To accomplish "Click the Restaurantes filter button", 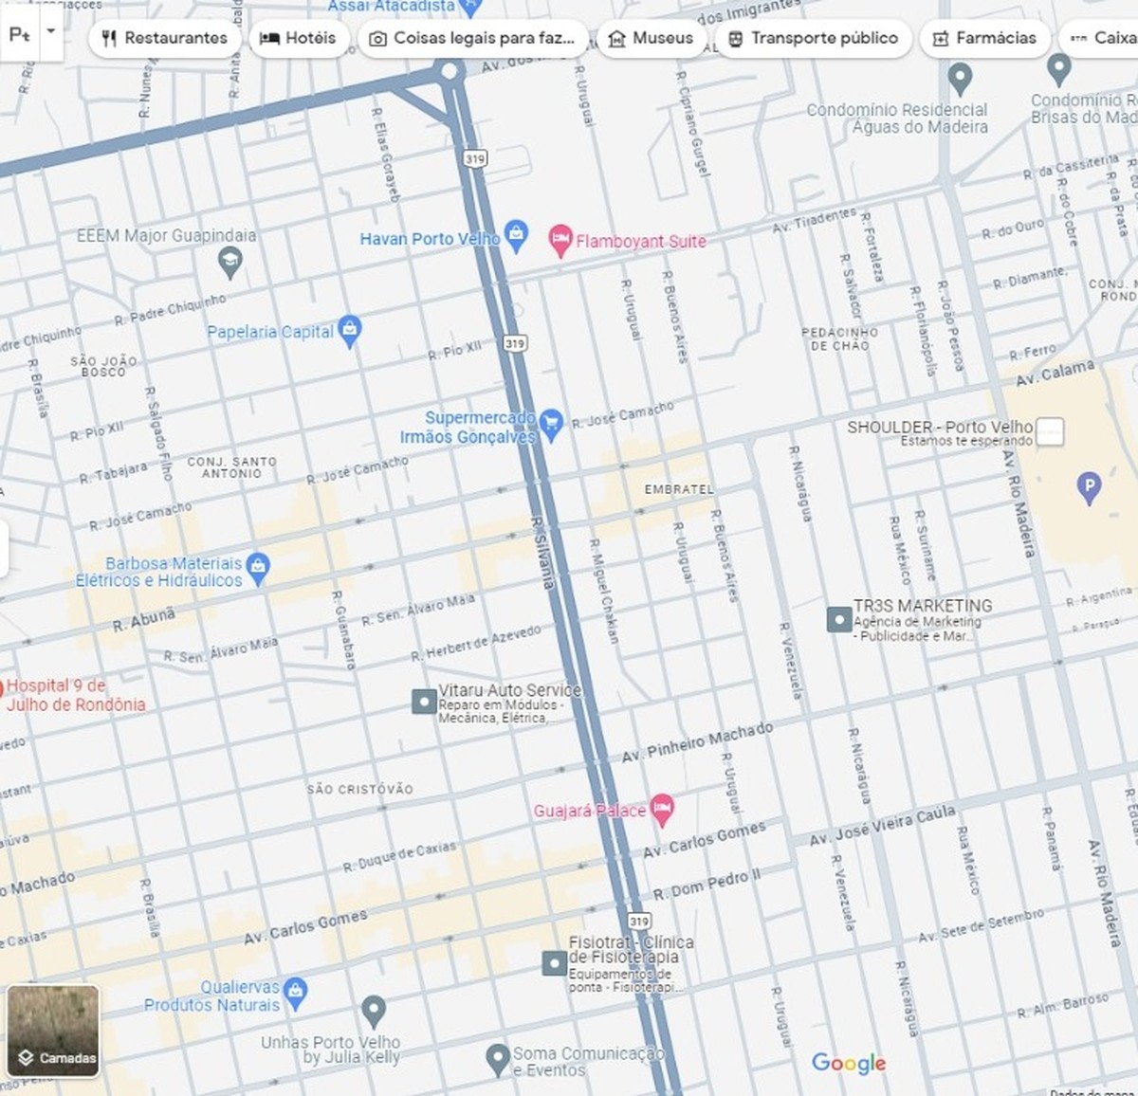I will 165,39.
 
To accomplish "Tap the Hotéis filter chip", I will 298,39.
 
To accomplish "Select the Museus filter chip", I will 651,39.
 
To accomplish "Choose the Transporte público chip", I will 813,39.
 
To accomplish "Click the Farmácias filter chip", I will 984,39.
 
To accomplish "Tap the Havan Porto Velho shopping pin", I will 516,235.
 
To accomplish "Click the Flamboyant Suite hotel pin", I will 560,238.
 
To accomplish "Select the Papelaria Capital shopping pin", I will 350,329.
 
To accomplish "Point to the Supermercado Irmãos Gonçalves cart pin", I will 551,423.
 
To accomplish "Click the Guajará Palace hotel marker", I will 662,808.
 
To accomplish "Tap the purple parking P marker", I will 1090,487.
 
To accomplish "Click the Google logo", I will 849,1063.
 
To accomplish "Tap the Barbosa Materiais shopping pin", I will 258,567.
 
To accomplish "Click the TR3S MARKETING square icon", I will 839,619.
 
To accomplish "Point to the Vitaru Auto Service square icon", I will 424,702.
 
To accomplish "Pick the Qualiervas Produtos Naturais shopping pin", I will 296,991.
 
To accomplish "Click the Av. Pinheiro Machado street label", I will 697,742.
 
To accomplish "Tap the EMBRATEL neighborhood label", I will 678,489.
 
